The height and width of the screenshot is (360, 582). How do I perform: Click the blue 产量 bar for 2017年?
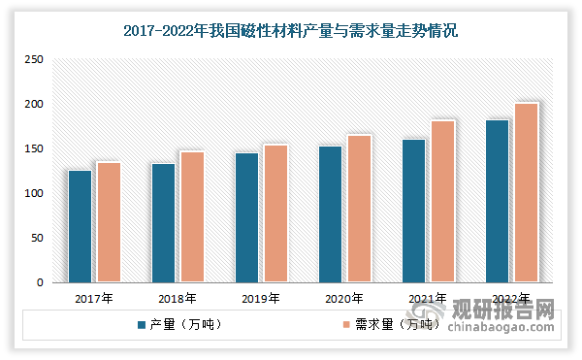[x=80, y=226]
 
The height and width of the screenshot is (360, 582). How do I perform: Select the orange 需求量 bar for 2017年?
[x=109, y=222]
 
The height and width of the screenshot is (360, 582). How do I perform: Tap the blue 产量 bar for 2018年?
[x=163, y=223]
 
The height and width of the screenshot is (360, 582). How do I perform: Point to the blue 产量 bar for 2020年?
[x=331, y=214]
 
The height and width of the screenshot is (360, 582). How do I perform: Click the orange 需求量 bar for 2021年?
[x=442, y=201]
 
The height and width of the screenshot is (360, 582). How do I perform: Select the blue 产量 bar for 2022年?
[x=498, y=201]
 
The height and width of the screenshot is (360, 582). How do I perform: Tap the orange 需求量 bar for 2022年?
[x=526, y=192]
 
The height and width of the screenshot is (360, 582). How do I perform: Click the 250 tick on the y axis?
[x=35, y=60]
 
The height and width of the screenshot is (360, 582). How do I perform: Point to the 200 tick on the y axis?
[x=35, y=105]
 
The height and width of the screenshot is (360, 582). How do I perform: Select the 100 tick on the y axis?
[x=35, y=194]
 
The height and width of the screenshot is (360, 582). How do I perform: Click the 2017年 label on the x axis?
[x=93, y=299]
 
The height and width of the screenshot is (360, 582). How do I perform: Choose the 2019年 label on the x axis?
[x=261, y=299]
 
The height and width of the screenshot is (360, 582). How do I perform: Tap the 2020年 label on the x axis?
[x=344, y=299]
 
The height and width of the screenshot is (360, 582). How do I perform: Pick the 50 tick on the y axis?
[x=38, y=239]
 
